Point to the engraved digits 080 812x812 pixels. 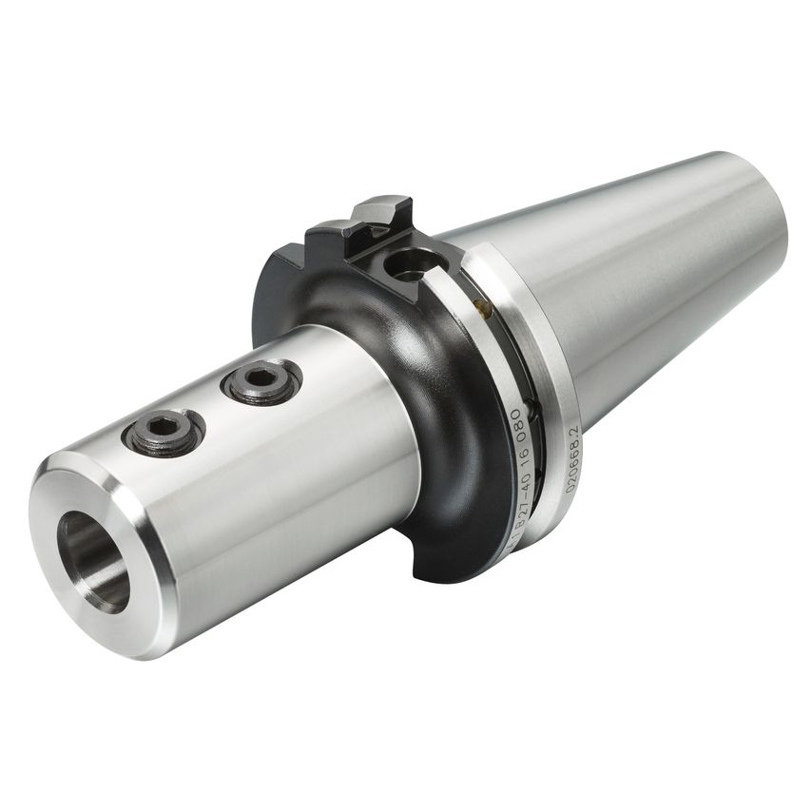click(518, 425)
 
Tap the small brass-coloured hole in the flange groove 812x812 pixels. click(481, 306)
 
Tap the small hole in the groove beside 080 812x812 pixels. click(535, 411)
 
